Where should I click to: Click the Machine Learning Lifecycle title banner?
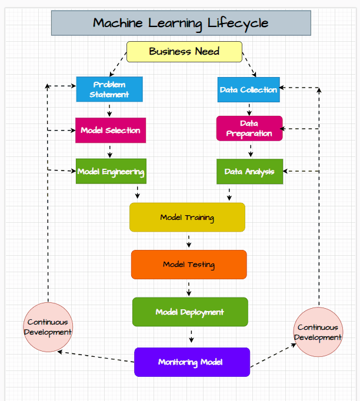(181, 23)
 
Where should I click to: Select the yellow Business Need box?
(184, 52)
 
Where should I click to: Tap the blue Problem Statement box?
(109, 89)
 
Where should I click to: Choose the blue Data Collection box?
(248, 89)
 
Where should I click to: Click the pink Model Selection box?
(110, 130)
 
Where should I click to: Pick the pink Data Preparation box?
(249, 128)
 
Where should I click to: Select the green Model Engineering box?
(111, 171)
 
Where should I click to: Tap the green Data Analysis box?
(249, 171)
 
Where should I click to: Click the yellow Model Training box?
(187, 217)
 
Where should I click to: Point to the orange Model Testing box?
(189, 265)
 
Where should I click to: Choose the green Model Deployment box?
(190, 312)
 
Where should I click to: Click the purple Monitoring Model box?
(192, 362)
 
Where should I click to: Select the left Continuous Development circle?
(48, 327)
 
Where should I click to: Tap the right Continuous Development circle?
(318, 332)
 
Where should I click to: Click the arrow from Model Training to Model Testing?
(189, 240)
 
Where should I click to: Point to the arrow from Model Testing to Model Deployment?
(189, 288)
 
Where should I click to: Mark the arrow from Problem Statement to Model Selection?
(109, 109)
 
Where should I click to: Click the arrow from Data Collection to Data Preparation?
(249, 109)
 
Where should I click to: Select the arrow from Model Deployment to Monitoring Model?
(191, 336)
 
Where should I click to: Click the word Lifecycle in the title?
(238, 23)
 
